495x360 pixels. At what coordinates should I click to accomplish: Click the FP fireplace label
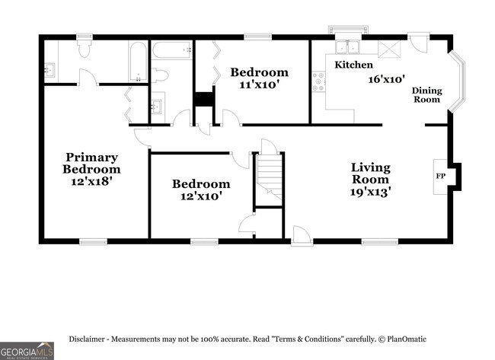point(440,176)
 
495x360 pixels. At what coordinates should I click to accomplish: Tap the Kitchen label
point(353,65)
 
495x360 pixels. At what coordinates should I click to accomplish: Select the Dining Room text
point(426,95)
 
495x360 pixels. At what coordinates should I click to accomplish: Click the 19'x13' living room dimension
point(371,192)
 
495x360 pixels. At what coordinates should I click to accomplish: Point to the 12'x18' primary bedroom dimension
point(91,181)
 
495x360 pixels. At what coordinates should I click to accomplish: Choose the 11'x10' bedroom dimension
point(259,84)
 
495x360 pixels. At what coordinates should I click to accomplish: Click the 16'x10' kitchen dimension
point(387,79)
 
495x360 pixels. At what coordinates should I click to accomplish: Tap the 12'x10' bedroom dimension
point(201,196)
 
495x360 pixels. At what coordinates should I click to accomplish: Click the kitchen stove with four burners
point(319,82)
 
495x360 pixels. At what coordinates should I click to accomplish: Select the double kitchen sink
point(347,47)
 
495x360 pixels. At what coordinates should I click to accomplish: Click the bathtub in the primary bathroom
point(138,62)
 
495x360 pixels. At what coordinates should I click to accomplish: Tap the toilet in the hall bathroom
point(160,75)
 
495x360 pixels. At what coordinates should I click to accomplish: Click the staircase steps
point(269,177)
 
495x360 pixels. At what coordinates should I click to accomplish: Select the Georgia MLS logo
point(27,351)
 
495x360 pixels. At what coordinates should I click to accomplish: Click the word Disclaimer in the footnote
point(87,339)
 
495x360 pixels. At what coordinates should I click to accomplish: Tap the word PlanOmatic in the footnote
point(407,339)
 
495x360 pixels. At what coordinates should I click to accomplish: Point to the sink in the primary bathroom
point(49,70)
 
